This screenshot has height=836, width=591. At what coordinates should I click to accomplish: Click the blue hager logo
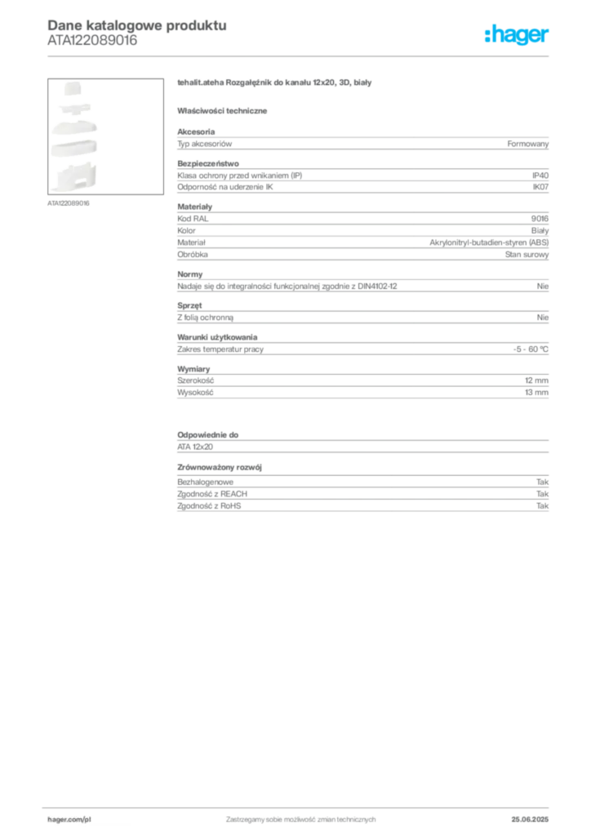(x=518, y=35)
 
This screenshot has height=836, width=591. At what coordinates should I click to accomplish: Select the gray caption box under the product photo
(x=69, y=202)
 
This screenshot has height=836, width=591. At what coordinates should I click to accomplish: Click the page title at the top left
(x=135, y=24)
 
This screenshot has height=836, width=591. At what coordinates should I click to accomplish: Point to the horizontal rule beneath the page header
(x=300, y=56)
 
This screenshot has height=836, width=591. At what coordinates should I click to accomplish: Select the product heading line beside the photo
(x=276, y=84)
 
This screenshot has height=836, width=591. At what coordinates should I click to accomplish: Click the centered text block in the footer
(x=300, y=816)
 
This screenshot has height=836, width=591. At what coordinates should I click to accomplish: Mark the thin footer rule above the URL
(x=300, y=806)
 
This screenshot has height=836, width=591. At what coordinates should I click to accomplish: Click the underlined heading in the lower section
(x=222, y=468)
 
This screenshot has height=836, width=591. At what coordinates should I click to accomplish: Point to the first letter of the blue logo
(x=487, y=35)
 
